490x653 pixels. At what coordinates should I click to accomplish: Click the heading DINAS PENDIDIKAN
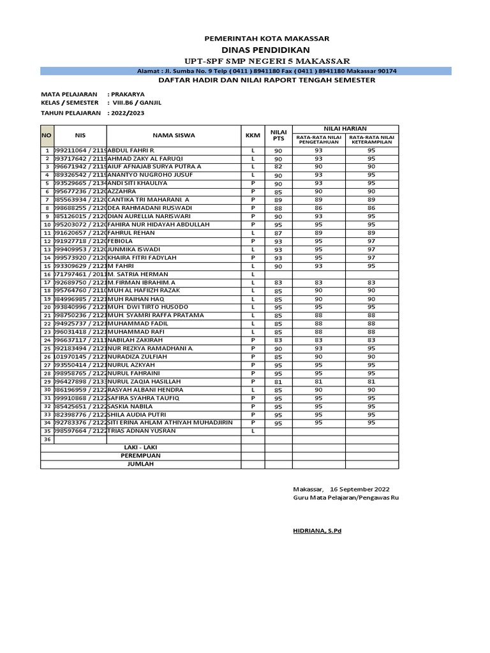pyautogui.click(x=266, y=50)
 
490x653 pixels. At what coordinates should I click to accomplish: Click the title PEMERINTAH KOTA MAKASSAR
pyautogui.click(x=266, y=38)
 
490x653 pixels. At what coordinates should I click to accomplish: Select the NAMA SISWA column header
pyautogui.click(x=174, y=135)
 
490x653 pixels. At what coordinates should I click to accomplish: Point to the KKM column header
pyautogui.click(x=253, y=135)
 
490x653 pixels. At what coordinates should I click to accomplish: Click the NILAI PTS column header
pyautogui.click(x=278, y=135)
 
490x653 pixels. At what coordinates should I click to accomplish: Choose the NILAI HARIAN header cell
pyautogui.click(x=345, y=129)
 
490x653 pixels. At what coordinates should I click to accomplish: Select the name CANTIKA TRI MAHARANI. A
pyautogui.click(x=149, y=200)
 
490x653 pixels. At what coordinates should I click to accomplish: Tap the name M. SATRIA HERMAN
pyautogui.click(x=135, y=274)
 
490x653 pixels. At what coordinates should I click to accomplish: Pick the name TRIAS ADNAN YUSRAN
pyautogui.click(x=142, y=431)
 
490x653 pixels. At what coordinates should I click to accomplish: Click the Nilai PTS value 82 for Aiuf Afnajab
pyautogui.click(x=278, y=167)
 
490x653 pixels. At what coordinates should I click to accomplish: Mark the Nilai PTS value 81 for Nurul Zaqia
pyautogui.click(x=278, y=382)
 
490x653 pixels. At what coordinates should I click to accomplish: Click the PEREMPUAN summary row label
pyautogui.click(x=142, y=456)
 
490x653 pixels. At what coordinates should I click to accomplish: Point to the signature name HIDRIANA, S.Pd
pyautogui.click(x=317, y=531)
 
